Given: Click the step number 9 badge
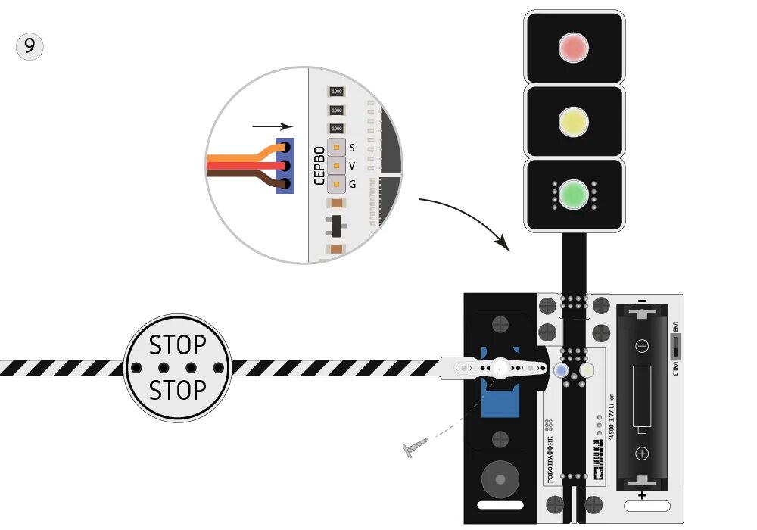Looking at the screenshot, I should [x=30, y=47].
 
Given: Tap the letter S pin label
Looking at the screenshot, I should [x=352, y=148].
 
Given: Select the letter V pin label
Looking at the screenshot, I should [x=352, y=165].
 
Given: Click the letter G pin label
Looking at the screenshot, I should [x=352, y=183].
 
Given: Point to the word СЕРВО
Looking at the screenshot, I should [x=319, y=165].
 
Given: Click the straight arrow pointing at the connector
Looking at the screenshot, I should [x=272, y=127].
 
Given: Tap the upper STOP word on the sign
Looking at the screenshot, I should [x=177, y=345].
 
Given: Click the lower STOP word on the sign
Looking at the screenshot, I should [x=177, y=391].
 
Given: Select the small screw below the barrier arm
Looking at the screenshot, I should [x=416, y=447].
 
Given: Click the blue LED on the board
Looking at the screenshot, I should [x=561, y=370].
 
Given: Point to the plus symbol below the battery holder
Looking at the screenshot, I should [x=642, y=495].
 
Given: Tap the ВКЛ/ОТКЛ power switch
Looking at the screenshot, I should [x=675, y=348].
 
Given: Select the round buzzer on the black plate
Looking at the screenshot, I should [x=500, y=478].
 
